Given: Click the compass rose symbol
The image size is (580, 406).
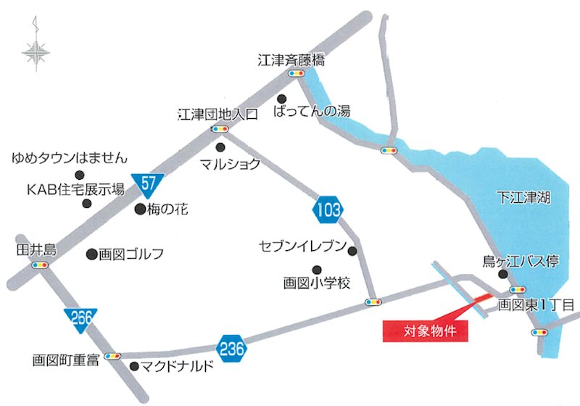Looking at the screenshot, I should pos(34,51).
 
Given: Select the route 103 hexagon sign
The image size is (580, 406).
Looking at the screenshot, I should pos(328,210).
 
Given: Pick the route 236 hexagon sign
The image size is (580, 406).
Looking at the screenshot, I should pos(231,349).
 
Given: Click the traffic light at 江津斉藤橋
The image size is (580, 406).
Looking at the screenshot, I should pos(296,74).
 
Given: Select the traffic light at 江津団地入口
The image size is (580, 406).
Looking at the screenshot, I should pos(220,129).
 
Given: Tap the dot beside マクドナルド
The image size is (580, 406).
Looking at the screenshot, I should pos(133,367).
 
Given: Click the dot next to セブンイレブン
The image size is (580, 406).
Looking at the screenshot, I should pos(352,252).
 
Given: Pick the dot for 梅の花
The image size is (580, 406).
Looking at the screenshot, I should pos(140,210).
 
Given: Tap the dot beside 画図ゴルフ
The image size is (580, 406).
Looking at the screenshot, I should pos(91,254).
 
